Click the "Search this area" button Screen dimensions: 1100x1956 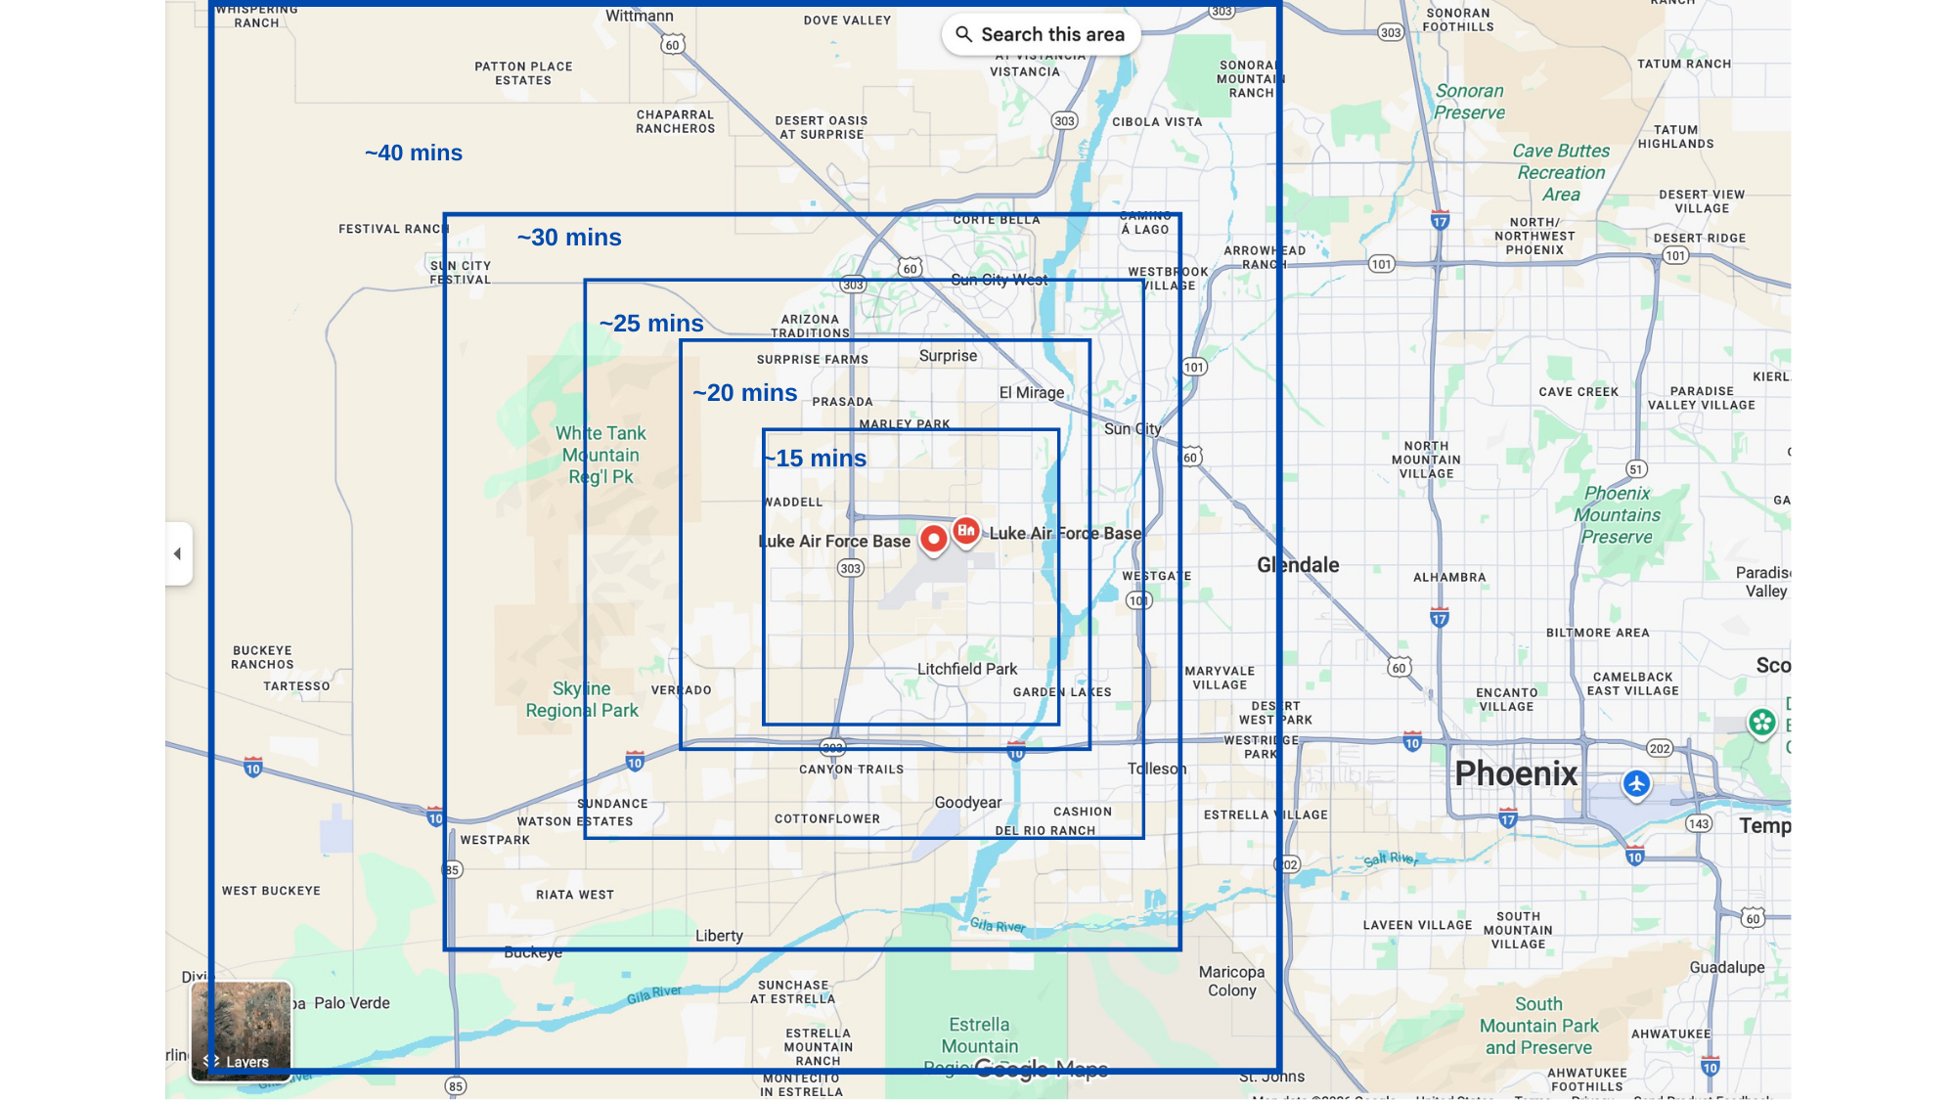pyautogui.click(x=1041, y=34)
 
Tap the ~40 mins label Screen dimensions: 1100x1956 pyautogui.click(x=414, y=153)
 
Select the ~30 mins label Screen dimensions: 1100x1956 pyautogui.click(x=569, y=238)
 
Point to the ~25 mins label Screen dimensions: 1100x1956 pyautogui.click(x=651, y=324)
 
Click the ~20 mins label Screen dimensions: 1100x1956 pyautogui.click(x=745, y=393)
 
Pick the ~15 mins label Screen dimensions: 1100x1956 pyautogui.click(x=817, y=459)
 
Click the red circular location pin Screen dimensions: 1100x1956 pyautogui.click(x=934, y=538)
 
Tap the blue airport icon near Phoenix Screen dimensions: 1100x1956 pyautogui.click(x=1636, y=783)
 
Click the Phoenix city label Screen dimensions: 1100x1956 pyautogui.click(x=1516, y=773)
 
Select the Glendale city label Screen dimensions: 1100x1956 pyautogui.click(x=1298, y=565)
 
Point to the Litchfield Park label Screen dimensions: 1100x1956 pyautogui.click(x=967, y=669)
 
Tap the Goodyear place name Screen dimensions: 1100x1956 pyautogui.click(x=968, y=803)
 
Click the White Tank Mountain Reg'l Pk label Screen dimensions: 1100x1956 pyautogui.click(x=600, y=455)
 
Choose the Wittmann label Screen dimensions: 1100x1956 pyautogui.click(x=640, y=16)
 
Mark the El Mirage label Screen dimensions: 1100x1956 pyautogui.click(x=1032, y=393)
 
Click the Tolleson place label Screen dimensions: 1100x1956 pyautogui.click(x=1157, y=769)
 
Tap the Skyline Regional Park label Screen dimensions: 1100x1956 pyautogui.click(x=582, y=699)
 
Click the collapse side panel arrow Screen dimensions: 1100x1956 pyautogui.click(x=178, y=553)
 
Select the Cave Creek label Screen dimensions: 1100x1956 pyautogui.click(x=1578, y=392)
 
